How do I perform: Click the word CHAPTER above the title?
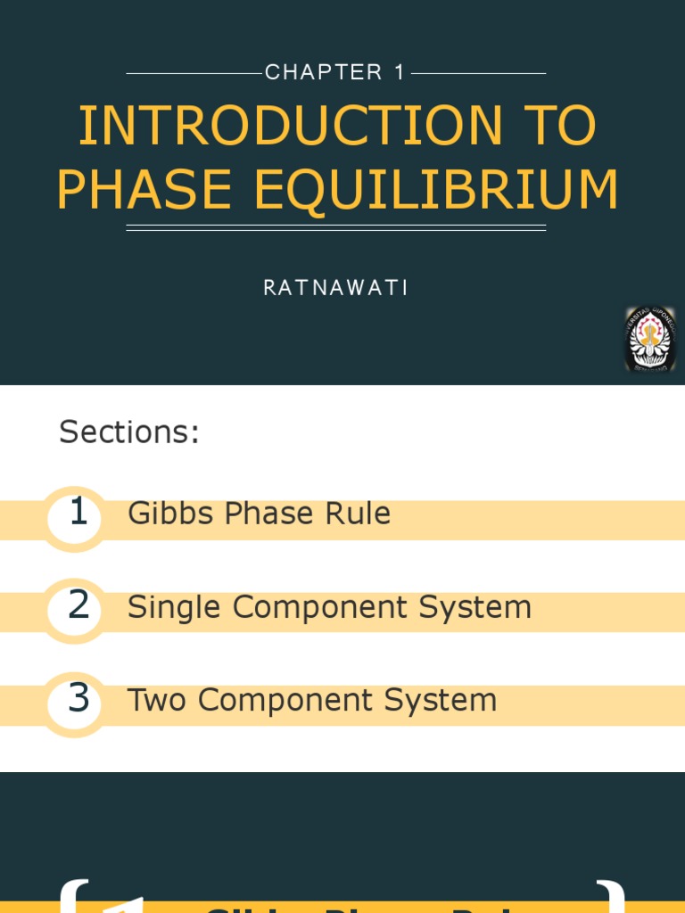pyautogui.click(x=324, y=73)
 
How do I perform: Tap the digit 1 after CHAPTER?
pyautogui.click(x=399, y=73)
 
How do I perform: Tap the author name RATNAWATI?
pyautogui.click(x=335, y=288)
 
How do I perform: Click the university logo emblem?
pyautogui.click(x=649, y=339)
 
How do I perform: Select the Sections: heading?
pyautogui.click(x=129, y=432)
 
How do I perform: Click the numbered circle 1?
pyautogui.click(x=78, y=514)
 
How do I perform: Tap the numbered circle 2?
pyautogui.click(x=78, y=606)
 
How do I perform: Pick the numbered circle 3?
pyautogui.click(x=78, y=699)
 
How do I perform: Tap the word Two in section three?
pyautogui.click(x=157, y=700)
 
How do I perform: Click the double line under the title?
pyautogui.click(x=335, y=228)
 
